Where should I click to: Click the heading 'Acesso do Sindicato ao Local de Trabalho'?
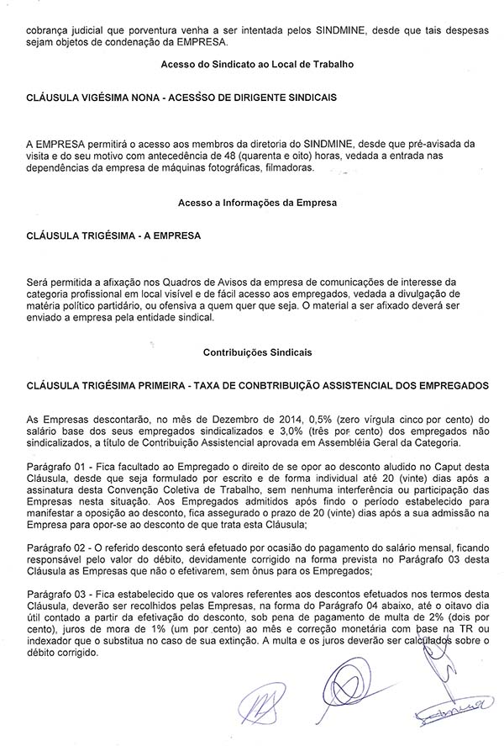252,65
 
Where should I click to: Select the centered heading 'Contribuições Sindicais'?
252,355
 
